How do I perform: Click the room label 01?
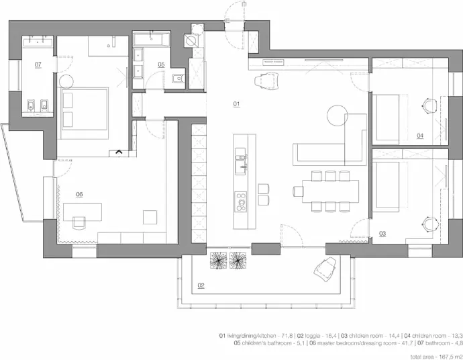(x=236, y=103)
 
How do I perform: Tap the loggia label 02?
(x=201, y=285)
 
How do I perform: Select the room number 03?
(x=382, y=234)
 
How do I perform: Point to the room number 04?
(x=420, y=136)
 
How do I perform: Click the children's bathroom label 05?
(x=161, y=64)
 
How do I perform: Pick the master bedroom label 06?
(x=79, y=194)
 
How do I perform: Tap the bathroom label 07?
(x=38, y=64)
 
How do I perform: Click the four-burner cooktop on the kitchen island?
(x=241, y=201)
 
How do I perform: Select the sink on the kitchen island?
(x=241, y=161)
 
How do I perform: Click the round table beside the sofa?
(x=338, y=116)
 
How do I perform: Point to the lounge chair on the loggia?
(x=325, y=269)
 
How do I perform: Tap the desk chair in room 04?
(x=429, y=105)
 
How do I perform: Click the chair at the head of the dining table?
(x=299, y=191)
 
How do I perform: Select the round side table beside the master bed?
(x=66, y=81)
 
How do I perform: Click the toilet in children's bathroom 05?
(x=178, y=79)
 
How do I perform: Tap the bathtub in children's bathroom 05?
(x=152, y=39)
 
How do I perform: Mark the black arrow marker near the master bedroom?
(x=119, y=152)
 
